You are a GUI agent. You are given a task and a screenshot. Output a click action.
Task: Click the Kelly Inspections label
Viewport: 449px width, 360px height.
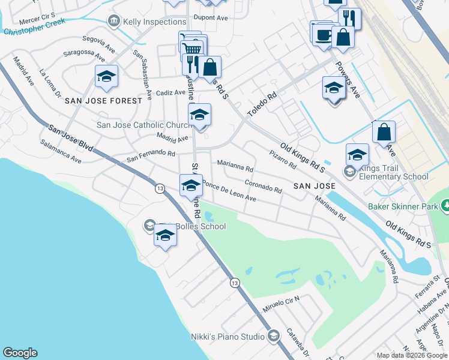click(x=154, y=22)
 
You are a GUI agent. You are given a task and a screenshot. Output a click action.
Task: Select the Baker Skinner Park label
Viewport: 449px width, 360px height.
click(x=403, y=206)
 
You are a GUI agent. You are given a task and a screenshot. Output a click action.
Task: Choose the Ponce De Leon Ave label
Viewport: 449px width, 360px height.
click(x=229, y=191)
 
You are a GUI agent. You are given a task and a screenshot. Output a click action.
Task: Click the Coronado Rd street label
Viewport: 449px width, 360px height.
click(x=264, y=186)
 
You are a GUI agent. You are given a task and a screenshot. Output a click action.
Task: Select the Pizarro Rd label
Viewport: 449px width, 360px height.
click(x=283, y=159)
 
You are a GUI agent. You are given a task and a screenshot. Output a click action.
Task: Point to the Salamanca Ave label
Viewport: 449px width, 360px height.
click(x=61, y=152)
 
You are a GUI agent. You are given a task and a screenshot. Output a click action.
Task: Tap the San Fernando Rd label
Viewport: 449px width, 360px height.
click(x=150, y=157)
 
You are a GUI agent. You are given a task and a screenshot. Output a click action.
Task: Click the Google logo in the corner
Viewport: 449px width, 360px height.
click(x=20, y=353)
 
